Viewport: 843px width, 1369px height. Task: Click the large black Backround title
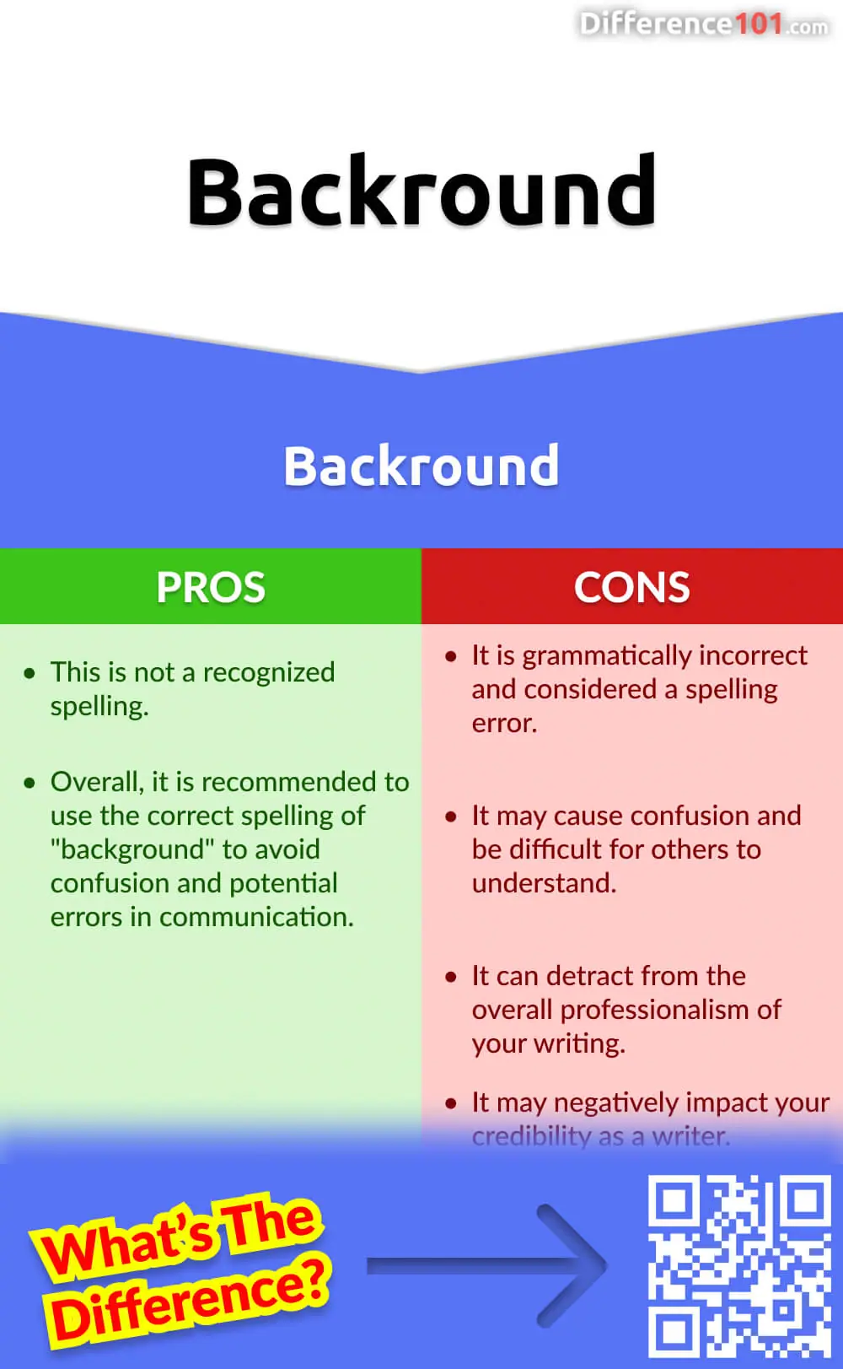tap(421, 191)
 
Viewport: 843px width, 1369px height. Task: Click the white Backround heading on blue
tap(421, 466)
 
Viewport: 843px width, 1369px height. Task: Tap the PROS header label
tap(211, 587)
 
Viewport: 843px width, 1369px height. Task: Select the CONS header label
tap(631, 587)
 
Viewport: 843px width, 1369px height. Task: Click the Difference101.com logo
tap(704, 24)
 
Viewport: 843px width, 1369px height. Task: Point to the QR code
tap(739, 1266)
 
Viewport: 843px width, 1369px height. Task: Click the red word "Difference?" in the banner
tap(191, 1301)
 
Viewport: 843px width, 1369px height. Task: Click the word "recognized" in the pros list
tap(269, 673)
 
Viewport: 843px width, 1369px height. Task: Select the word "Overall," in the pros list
tap(97, 782)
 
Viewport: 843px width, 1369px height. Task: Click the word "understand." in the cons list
tap(545, 883)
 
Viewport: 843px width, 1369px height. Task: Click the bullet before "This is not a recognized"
tap(30, 673)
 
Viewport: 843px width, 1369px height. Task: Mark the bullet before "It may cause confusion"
tap(451, 817)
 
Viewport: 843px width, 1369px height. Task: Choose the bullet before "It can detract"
tap(451, 978)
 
